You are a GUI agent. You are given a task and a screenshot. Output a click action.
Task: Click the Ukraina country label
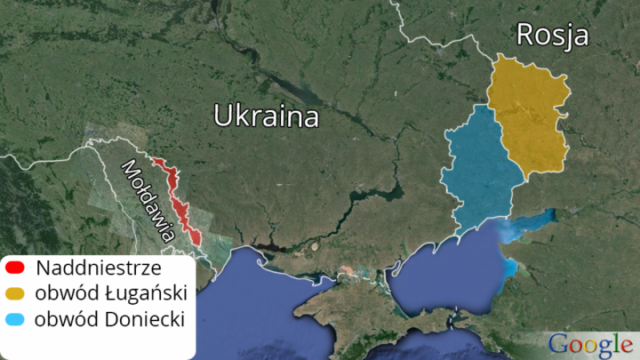point(266,116)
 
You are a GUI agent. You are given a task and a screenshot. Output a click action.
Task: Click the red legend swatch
point(14,267)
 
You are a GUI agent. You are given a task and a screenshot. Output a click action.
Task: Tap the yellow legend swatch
point(14,293)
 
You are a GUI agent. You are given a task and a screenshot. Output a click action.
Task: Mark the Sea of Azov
point(444,267)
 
